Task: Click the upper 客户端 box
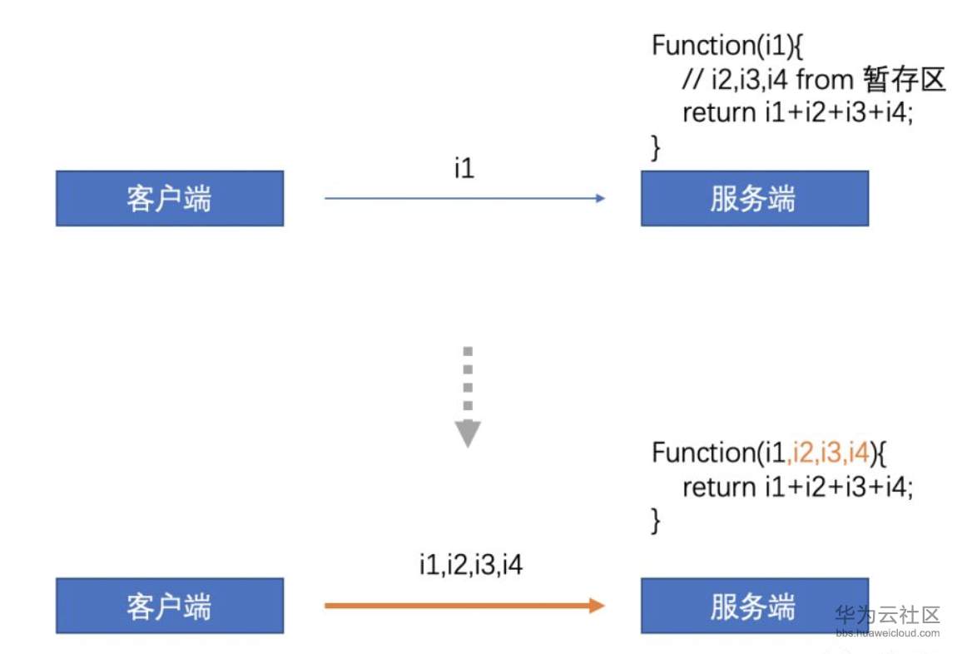(169, 198)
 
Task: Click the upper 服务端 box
(754, 198)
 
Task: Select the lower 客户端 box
(169, 605)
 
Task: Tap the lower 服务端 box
(754, 605)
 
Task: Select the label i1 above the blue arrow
(464, 169)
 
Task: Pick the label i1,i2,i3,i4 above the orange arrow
(471, 566)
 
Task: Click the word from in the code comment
(825, 79)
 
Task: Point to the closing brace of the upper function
(656, 146)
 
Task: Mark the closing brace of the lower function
(656, 520)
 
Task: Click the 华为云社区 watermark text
(887, 615)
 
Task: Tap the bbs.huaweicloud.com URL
(887, 632)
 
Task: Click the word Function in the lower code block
(699, 453)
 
